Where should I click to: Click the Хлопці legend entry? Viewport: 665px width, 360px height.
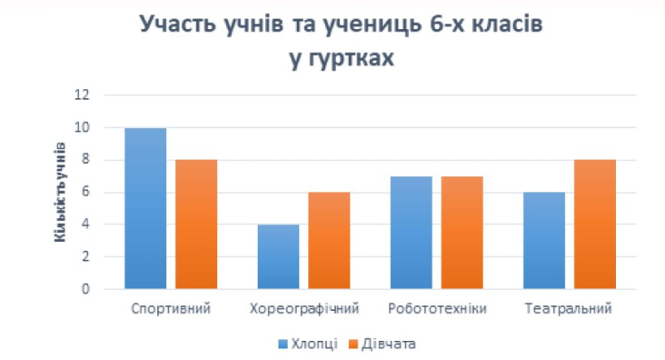coord(310,343)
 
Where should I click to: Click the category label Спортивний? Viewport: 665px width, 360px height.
coord(170,309)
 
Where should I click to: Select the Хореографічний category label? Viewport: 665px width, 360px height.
coord(304,309)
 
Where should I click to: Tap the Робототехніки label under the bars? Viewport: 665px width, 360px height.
coord(437,309)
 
